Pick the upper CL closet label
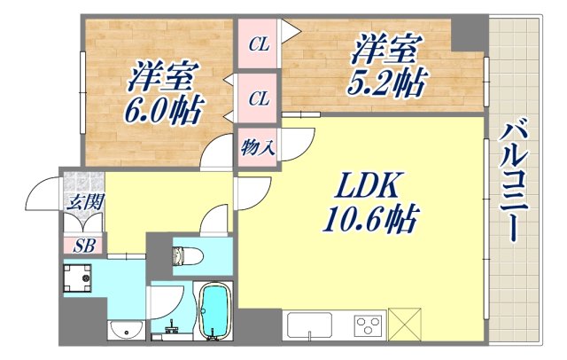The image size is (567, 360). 258,43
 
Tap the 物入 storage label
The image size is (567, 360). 258,146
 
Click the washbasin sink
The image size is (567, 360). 125,332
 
